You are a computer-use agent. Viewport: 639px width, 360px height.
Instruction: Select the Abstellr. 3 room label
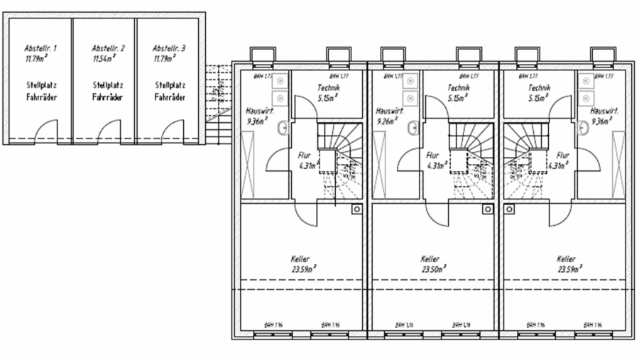[x=168, y=48]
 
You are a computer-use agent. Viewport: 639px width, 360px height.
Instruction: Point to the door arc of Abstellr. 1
[x=47, y=131]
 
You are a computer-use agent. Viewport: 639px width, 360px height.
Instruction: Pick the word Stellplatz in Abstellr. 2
[x=105, y=84]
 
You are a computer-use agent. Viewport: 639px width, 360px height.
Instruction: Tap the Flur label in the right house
[x=563, y=155]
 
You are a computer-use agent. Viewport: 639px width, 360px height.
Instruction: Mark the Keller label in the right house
[x=566, y=259]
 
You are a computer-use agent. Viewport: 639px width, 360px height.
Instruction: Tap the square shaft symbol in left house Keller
[x=357, y=209]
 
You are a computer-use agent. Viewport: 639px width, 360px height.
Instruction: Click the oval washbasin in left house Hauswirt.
[x=283, y=128]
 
